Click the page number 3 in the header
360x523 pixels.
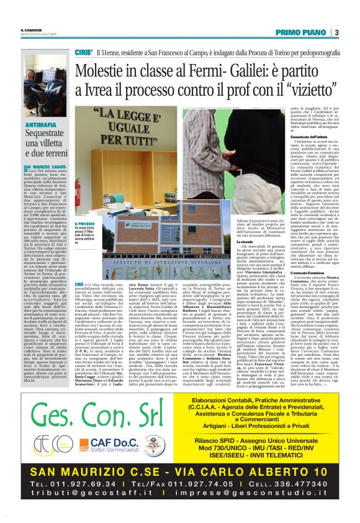tap(336, 32)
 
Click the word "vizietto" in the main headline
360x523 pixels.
tap(297, 95)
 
